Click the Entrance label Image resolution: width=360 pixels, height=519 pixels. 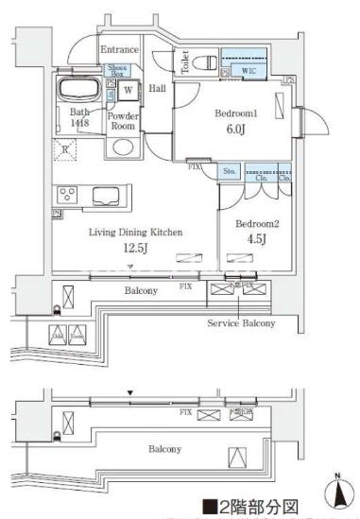click(x=120, y=49)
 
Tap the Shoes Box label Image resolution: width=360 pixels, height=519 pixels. click(x=117, y=69)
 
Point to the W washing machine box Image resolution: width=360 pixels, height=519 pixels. click(x=127, y=92)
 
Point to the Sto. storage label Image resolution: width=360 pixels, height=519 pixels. click(x=230, y=173)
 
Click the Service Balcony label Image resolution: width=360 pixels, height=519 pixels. click(x=241, y=323)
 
